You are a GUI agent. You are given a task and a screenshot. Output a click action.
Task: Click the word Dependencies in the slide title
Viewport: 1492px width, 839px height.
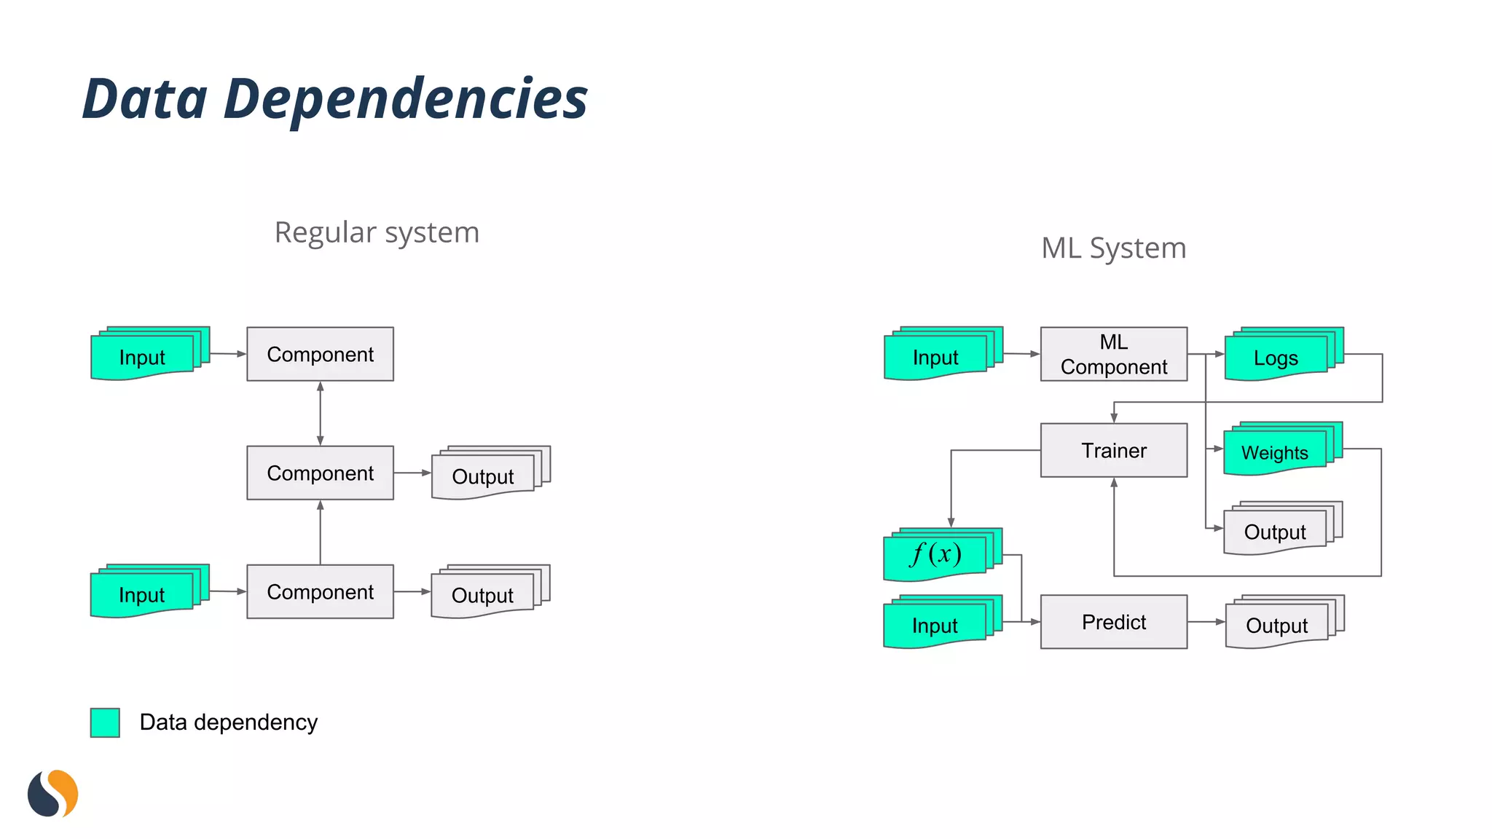[x=405, y=99]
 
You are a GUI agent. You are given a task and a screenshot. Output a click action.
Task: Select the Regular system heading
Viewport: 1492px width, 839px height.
[x=377, y=233]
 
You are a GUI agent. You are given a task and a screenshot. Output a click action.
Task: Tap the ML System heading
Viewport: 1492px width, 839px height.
[x=1113, y=248]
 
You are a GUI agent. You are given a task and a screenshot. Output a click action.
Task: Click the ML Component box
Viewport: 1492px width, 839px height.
[x=1113, y=354]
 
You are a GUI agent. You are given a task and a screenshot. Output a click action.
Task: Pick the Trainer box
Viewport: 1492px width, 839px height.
[x=1113, y=450]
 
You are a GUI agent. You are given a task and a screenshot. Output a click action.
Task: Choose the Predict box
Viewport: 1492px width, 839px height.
[x=1113, y=622]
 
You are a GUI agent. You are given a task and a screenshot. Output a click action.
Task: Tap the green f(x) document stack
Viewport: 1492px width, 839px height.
[x=937, y=556]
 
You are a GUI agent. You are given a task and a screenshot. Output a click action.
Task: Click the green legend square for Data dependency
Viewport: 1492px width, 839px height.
[x=105, y=722]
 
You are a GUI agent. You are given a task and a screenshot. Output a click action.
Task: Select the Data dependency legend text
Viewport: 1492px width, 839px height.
[x=228, y=722]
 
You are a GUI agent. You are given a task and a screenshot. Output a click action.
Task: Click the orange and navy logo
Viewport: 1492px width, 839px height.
[x=52, y=794]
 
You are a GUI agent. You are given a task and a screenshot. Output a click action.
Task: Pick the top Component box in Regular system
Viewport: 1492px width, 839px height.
[x=320, y=354]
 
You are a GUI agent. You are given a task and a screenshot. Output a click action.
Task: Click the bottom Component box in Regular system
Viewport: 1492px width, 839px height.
[x=320, y=591]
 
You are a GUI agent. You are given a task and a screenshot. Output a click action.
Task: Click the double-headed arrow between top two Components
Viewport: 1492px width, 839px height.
[x=320, y=413]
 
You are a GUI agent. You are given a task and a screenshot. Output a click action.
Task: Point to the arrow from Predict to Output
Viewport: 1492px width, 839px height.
[x=1206, y=622]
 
